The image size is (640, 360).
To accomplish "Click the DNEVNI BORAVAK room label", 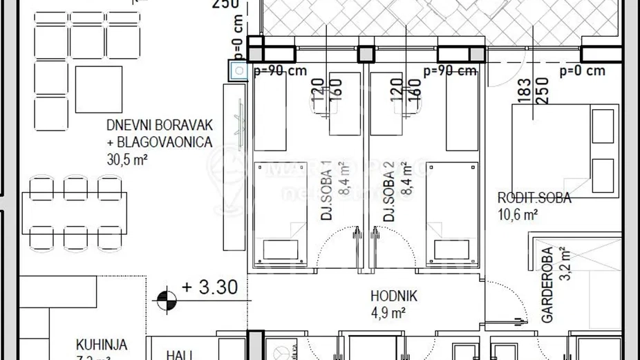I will (x=159, y=126).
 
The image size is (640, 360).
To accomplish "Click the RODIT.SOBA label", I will (x=534, y=198).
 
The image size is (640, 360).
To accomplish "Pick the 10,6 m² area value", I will (x=518, y=214).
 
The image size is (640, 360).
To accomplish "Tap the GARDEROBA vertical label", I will (x=547, y=285).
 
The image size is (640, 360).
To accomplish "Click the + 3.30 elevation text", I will (x=209, y=286).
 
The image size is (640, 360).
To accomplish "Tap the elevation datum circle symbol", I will (x=167, y=300).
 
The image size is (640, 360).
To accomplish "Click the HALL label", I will (x=179, y=354).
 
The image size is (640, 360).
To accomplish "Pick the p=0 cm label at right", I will (x=582, y=70).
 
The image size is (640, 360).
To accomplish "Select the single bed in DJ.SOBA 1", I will (x=280, y=210).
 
